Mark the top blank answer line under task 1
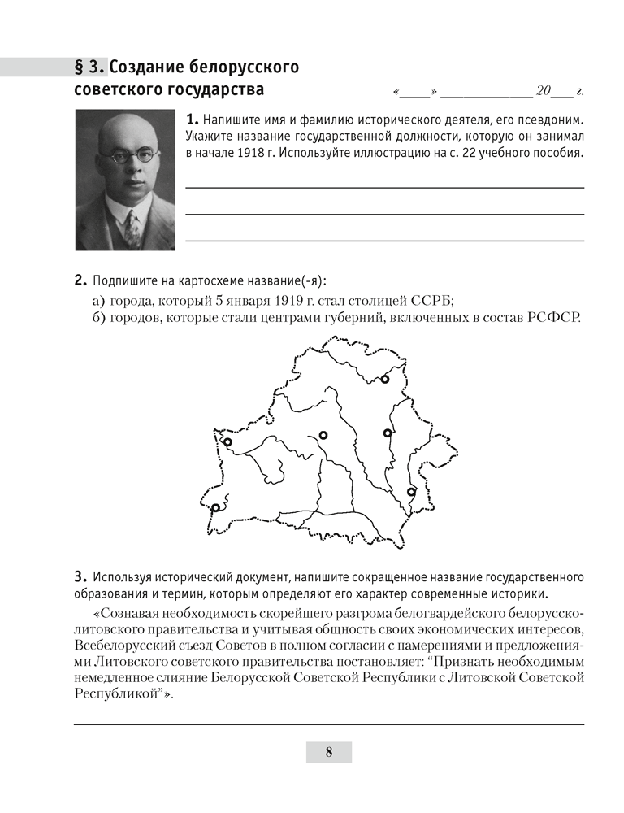[x=384, y=187]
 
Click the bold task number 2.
[x=80, y=281]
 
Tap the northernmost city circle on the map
[x=385, y=379]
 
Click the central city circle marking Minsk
[x=323, y=436]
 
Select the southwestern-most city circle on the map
[x=215, y=507]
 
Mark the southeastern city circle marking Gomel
[x=411, y=491]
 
